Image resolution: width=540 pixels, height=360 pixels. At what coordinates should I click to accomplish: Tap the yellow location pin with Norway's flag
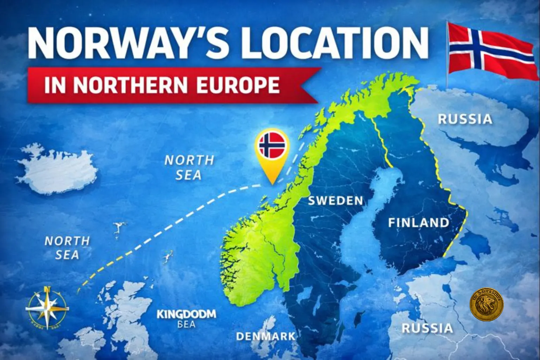[x=272, y=151]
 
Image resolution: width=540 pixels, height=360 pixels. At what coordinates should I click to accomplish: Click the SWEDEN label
[x=335, y=201]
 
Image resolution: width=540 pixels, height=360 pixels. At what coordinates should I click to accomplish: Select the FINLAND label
[x=418, y=223]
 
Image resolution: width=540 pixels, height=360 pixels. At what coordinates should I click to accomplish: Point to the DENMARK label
[x=266, y=336]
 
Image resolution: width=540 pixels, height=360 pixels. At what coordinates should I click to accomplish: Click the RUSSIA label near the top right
[x=465, y=119]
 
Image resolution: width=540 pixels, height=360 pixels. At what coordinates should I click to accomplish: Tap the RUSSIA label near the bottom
[x=427, y=328]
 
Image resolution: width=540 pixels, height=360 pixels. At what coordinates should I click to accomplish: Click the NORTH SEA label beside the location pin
[x=189, y=167]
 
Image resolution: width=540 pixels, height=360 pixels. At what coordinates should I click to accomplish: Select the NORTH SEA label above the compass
[x=67, y=248]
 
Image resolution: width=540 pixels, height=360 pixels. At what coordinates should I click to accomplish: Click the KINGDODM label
[x=186, y=314]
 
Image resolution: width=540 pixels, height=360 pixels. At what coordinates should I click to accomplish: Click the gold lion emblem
[x=487, y=304]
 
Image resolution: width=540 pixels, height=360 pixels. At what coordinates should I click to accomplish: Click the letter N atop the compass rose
[x=47, y=289]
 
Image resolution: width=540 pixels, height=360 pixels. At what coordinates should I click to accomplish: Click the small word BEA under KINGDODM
[x=186, y=324]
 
